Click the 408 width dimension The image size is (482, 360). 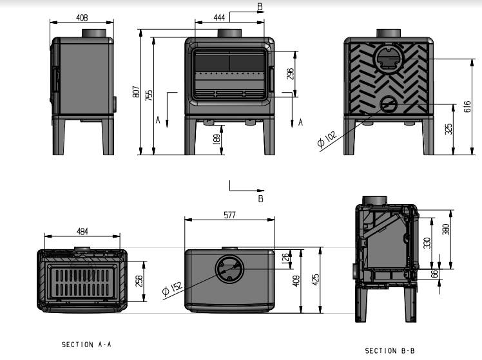click(82, 18)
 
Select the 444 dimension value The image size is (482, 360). click(219, 18)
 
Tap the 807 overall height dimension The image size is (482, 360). click(136, 92)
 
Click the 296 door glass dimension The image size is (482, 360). click(291, 74)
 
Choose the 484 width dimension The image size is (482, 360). click(81, 231)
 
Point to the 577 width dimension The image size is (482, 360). click(229, 216)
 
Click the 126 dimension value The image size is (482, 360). click(286, 259)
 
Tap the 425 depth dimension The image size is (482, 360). click(316, 281)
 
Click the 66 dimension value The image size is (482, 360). click(434, 274)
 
